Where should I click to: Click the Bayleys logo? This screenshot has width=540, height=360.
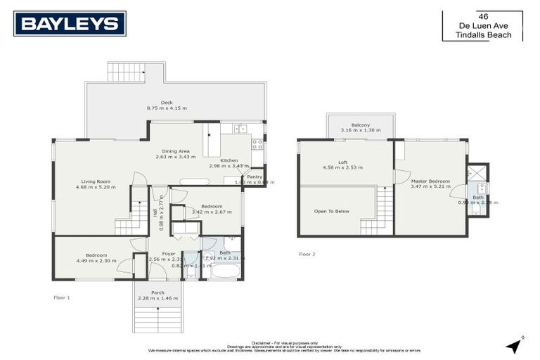(70, 23)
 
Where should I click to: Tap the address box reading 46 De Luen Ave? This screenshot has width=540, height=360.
(482, 26)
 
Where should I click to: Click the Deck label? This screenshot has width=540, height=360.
(166, 102)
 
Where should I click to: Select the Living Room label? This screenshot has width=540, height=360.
(93, 181)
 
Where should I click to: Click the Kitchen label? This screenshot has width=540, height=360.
(229, 160)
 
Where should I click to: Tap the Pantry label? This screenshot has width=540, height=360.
(254, 176)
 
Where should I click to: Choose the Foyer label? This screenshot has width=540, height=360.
(168, 253)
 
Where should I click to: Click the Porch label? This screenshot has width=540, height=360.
(157, 292)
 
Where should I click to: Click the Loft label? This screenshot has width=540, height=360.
(342, 162)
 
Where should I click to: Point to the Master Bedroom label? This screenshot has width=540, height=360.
(430, 181)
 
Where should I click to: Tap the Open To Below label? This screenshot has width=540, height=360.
(332, 211)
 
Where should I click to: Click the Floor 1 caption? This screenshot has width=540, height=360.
(62, 297)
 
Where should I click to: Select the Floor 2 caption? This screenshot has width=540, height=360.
(307, 254)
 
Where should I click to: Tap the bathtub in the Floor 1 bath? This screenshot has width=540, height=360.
(224, 271)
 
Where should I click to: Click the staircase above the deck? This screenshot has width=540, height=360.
(127, 72)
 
